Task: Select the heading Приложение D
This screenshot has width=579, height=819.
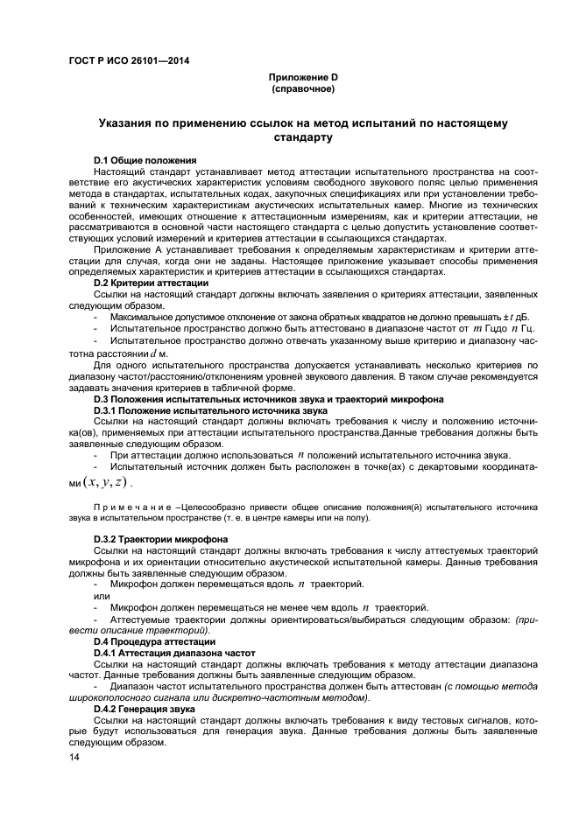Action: (x=302, y=78)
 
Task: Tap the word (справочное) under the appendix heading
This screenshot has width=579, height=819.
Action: (x=302, y=88)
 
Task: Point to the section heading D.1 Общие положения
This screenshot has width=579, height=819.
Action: (x=145, y=160)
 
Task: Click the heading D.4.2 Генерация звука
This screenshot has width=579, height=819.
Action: (x=144, y=709)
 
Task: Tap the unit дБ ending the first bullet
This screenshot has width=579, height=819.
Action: (x=521, y=317)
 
